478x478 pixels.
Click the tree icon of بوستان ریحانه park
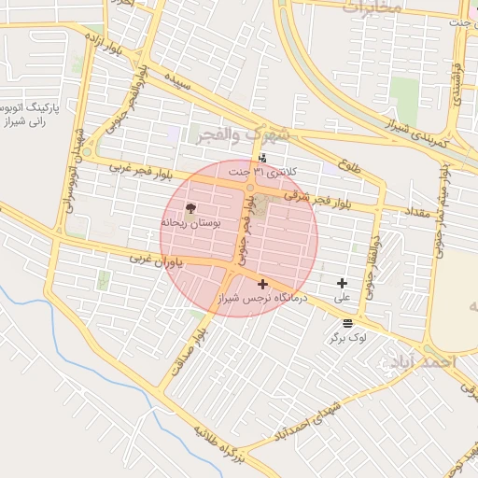click(191, 208)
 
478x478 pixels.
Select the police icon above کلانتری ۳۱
click(262, 158)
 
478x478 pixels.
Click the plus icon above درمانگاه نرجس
click(262, 284)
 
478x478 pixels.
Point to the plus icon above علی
click(342, 283)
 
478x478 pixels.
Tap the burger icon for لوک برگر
click(347, 322)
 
